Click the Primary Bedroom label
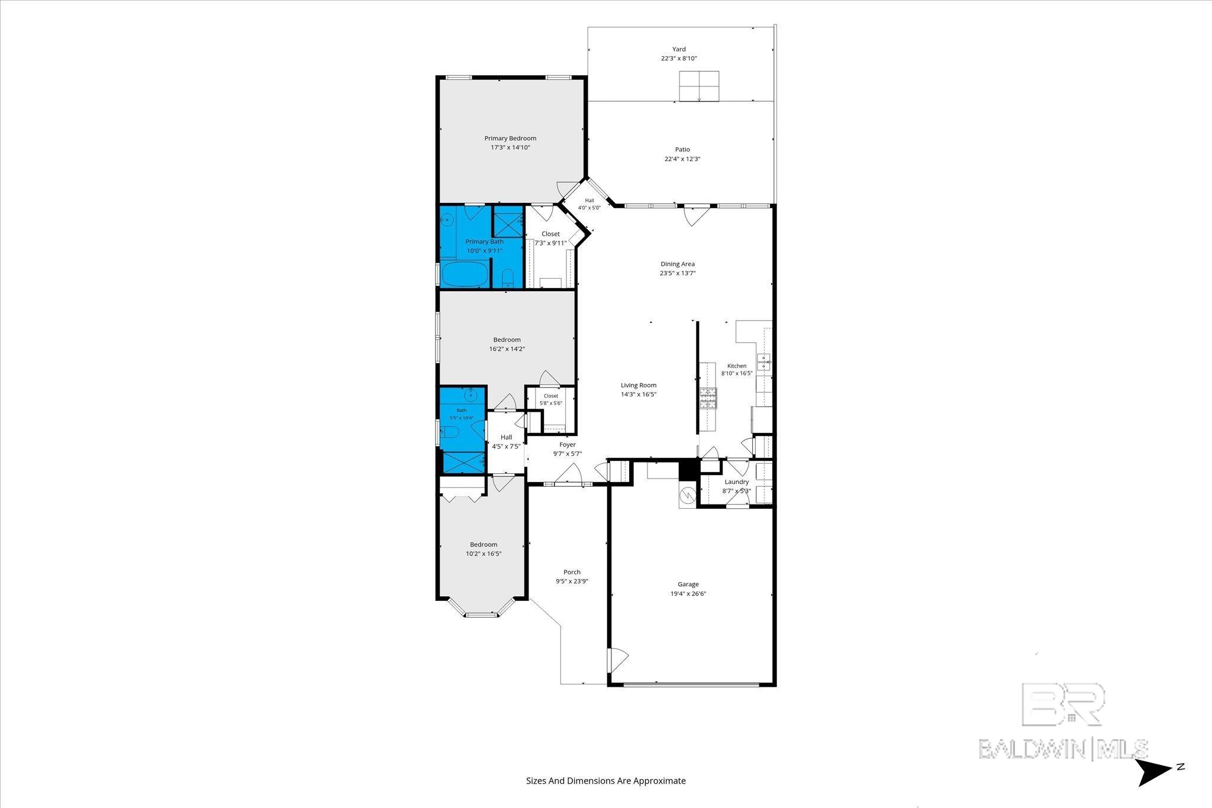510,138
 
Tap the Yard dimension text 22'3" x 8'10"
679,59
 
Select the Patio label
682,150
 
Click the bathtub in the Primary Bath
465,274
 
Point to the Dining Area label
678,264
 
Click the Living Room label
639,385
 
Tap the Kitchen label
737,366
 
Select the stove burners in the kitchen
708,399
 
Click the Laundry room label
737,482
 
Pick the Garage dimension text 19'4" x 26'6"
688,593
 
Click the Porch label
572,572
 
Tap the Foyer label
568,445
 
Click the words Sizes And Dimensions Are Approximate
606,781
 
